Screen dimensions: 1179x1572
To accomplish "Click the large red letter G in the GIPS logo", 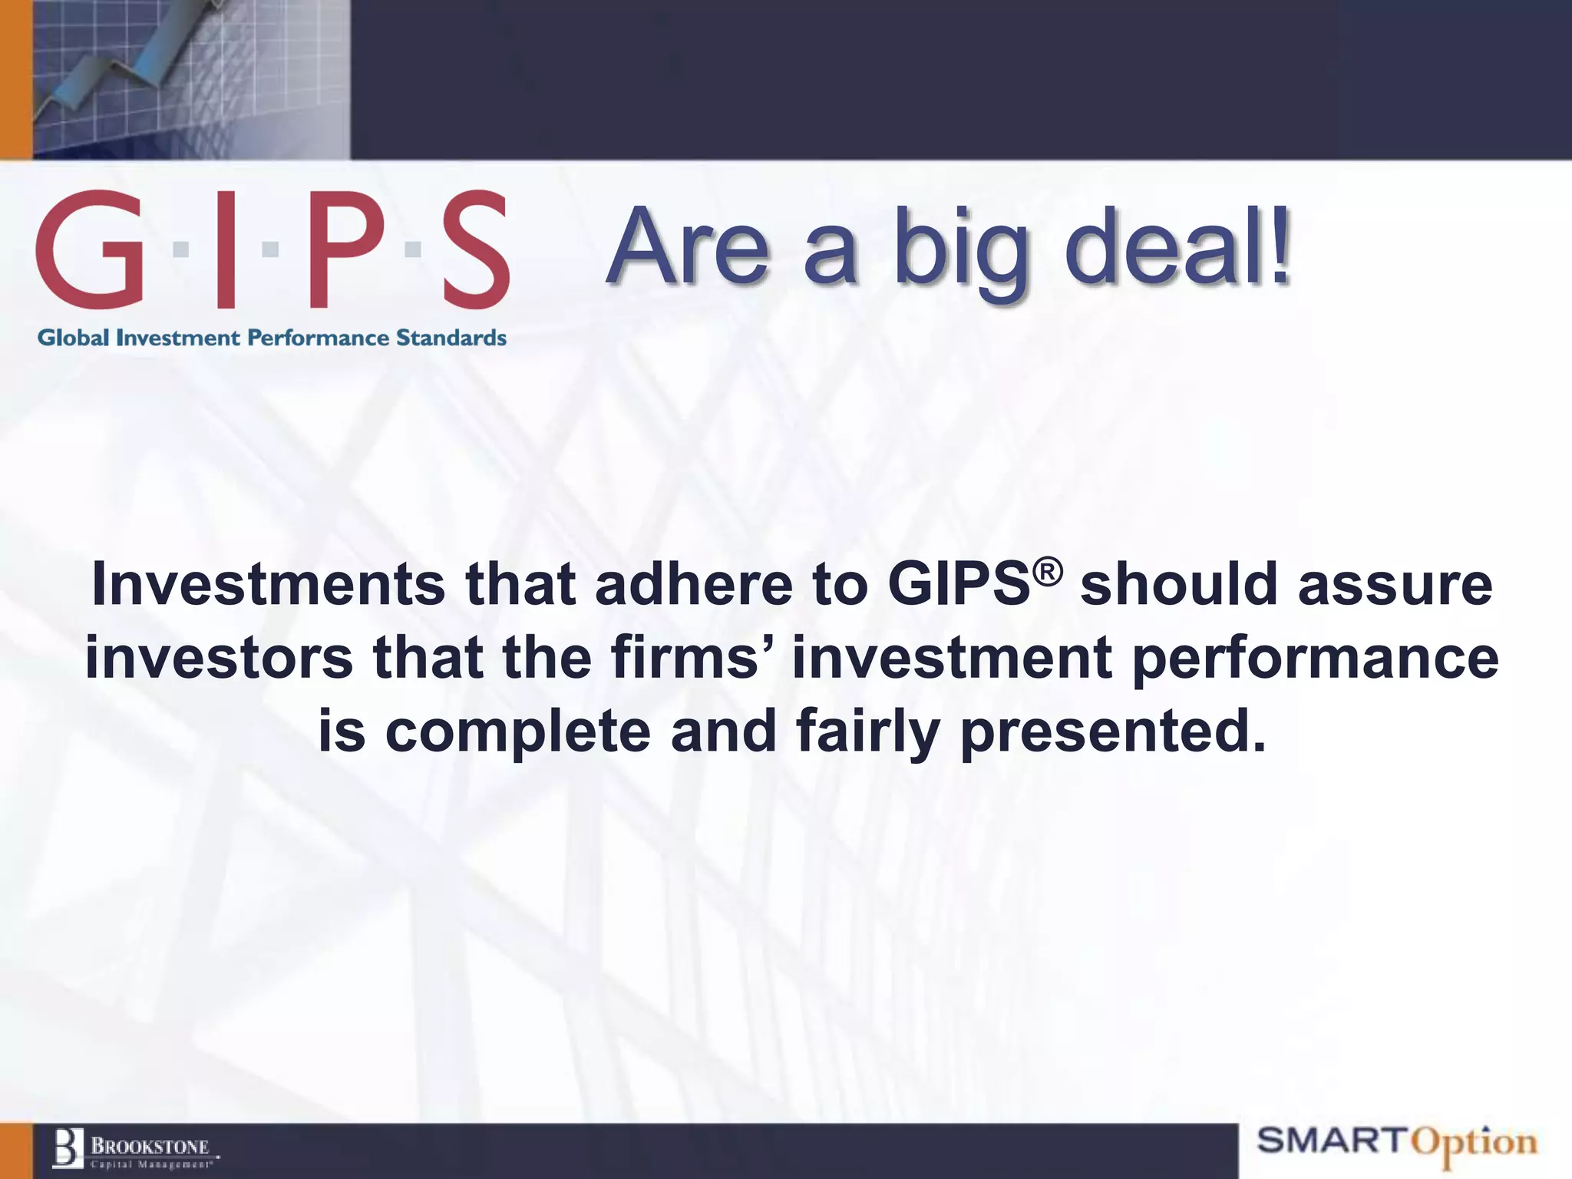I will (91, 250).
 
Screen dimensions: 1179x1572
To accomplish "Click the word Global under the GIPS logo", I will (74, 338).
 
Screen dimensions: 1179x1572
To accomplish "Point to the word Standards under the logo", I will (451, 338).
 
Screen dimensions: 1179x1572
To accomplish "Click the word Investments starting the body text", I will (268, 585).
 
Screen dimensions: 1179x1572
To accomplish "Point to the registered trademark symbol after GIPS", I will (1048, 572).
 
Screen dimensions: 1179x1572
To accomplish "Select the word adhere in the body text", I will (693, 585).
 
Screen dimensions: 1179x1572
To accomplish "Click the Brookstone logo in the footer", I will (135, 1149).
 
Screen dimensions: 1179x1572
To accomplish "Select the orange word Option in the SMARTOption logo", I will (1475, 1144).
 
